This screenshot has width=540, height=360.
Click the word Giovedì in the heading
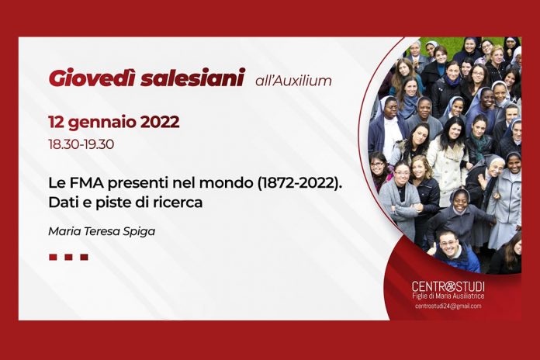[x=92, y=78]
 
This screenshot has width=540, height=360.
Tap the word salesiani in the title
[x=193, y=78]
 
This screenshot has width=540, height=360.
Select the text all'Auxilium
[x=293, y=81]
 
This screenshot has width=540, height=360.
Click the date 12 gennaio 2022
[x=114, y=123]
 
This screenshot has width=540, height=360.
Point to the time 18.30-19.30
[x=81, y=144]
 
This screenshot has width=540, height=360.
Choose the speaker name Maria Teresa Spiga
[x=102, y=231]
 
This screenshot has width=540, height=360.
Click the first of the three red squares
[x=53, y=257]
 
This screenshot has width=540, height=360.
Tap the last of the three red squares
[x=84, y=257]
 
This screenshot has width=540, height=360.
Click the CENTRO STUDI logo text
[x=448, y=286]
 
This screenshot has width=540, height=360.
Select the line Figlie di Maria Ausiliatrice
[x=448, y=296]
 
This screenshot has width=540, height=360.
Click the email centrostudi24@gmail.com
[x=448, y=306]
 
